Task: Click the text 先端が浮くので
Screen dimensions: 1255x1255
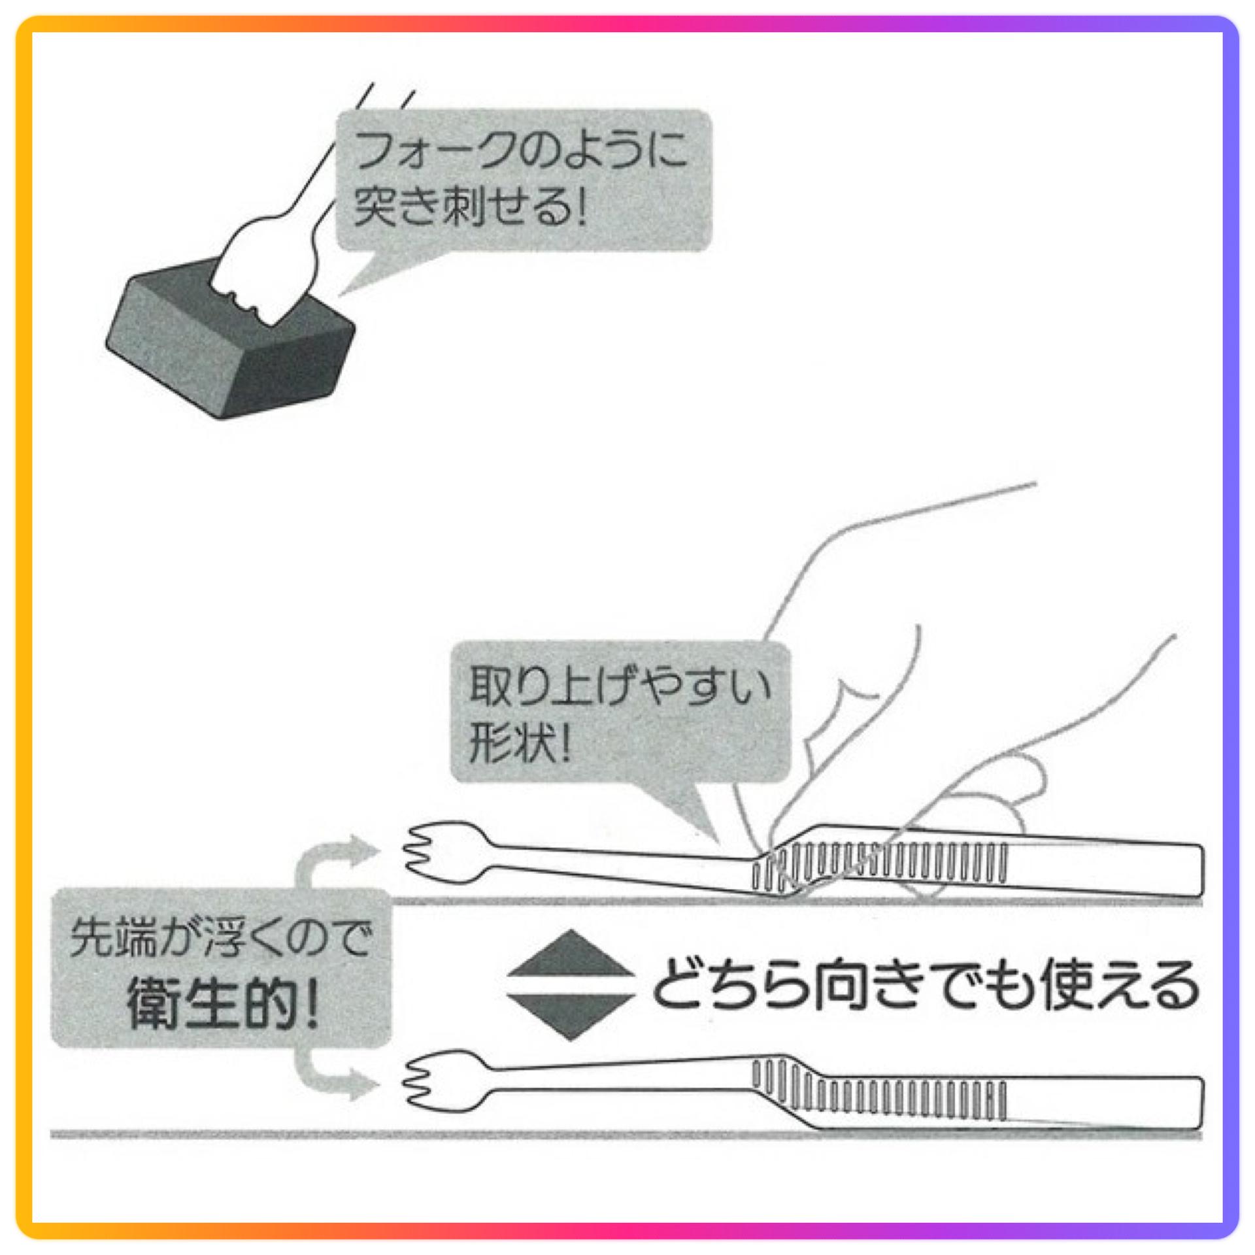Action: click(221, 939)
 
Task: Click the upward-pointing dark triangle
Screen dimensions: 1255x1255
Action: click(571, 956)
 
